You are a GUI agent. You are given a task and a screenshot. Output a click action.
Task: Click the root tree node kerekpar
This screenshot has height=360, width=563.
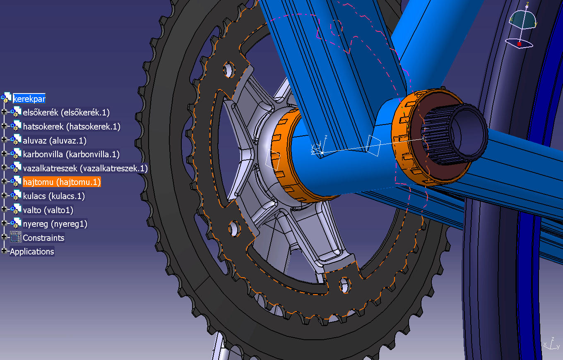coord(29,98)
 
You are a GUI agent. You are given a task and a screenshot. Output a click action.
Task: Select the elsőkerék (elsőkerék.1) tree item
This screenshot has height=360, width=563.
coord(66,112)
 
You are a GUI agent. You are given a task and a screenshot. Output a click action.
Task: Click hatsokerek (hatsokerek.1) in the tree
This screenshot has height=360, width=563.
coord(72,126)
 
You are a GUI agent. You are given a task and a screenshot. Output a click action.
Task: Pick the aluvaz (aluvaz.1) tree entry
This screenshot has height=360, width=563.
coord(55,140)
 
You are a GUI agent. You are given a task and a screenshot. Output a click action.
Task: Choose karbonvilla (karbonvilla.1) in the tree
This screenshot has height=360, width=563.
coord(71,154)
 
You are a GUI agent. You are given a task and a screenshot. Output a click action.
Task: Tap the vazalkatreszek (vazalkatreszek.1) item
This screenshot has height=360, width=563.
coord(85,168)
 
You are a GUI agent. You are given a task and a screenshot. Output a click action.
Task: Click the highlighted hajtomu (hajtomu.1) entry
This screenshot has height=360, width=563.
coord(62,182)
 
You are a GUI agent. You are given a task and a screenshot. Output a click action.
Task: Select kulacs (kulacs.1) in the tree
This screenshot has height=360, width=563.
coord(54,196)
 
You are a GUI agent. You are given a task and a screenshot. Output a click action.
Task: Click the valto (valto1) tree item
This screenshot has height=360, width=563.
coord(48,210)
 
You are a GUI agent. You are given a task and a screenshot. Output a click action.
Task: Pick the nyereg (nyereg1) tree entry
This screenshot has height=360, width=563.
coord(55,224)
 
